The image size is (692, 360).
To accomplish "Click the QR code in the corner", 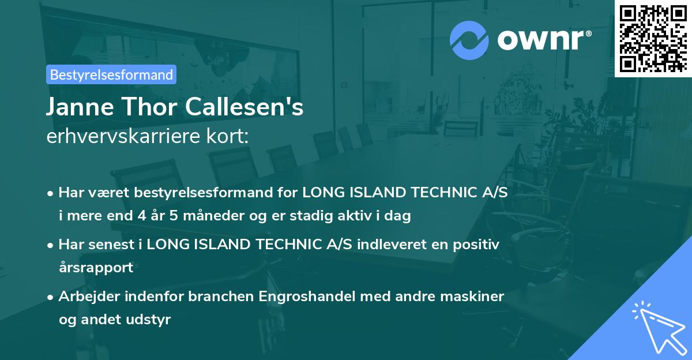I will click(653, 38).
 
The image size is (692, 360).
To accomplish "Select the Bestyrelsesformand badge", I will click(111, 74).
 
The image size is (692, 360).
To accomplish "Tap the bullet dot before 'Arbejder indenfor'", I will click(51, 297).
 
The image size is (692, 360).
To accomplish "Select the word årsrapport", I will click(96, 268).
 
